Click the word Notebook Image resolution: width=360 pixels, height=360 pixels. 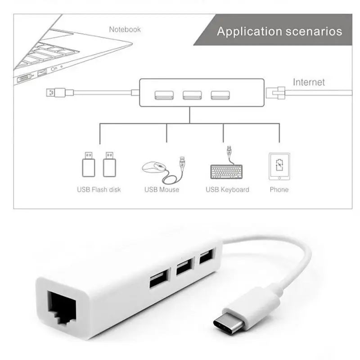[125, 30]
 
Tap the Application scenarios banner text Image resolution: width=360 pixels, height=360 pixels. [279, 31]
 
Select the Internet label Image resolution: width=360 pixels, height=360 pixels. [309, 82]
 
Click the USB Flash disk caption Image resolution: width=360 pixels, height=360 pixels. [99, 189]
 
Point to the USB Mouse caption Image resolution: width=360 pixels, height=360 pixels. [162, 189]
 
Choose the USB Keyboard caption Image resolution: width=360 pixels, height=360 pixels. [227, 189]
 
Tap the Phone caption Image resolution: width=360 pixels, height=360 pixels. [279, 189]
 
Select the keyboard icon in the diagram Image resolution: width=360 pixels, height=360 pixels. [226, 171]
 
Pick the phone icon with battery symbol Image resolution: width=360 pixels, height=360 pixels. [279, 166]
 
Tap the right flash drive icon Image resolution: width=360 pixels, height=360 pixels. [108, 164]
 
